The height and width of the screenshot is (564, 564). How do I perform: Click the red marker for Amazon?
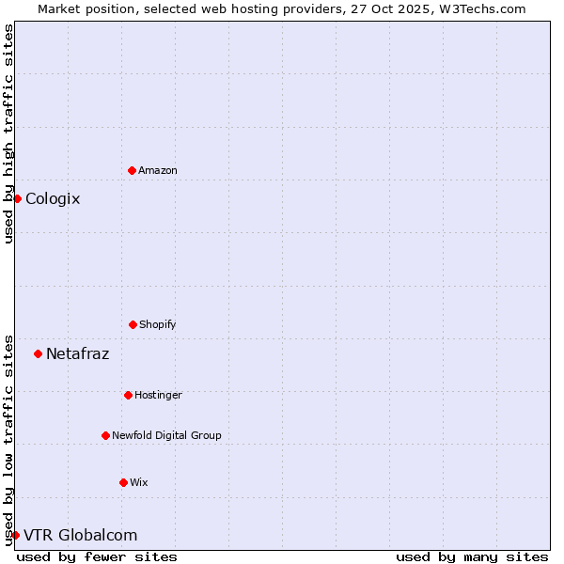point(132,170)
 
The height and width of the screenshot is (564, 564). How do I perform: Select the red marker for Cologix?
point(17,198)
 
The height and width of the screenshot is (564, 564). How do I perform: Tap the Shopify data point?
point(133,324)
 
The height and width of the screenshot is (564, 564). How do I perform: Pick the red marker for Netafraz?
point(38,353)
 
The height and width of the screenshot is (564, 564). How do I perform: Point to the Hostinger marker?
point(128,395)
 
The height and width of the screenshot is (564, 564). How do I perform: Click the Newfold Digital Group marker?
point(105,435)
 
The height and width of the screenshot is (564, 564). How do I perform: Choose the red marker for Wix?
point(123,482)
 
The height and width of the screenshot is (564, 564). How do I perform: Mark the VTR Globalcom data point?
point(15,535)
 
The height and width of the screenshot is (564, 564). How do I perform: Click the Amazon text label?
point(158,170)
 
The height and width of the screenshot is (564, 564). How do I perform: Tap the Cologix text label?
point(53,198)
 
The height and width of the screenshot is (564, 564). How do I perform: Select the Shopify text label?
point(158,324)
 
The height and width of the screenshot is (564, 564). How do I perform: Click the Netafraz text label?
point(77,353)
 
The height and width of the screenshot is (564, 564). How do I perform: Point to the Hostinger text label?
point(158,395)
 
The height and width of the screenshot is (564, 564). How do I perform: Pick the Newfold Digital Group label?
point(166,435)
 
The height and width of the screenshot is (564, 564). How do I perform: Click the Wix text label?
point(139,482)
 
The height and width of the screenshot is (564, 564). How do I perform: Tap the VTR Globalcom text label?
point(80,535)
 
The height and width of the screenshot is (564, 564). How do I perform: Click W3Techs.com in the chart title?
point(479,8)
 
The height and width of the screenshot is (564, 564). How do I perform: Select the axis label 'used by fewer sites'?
point(97,556)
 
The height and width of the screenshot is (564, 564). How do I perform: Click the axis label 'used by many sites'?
point(472,556)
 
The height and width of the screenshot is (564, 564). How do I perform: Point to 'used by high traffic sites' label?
point(8,133)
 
